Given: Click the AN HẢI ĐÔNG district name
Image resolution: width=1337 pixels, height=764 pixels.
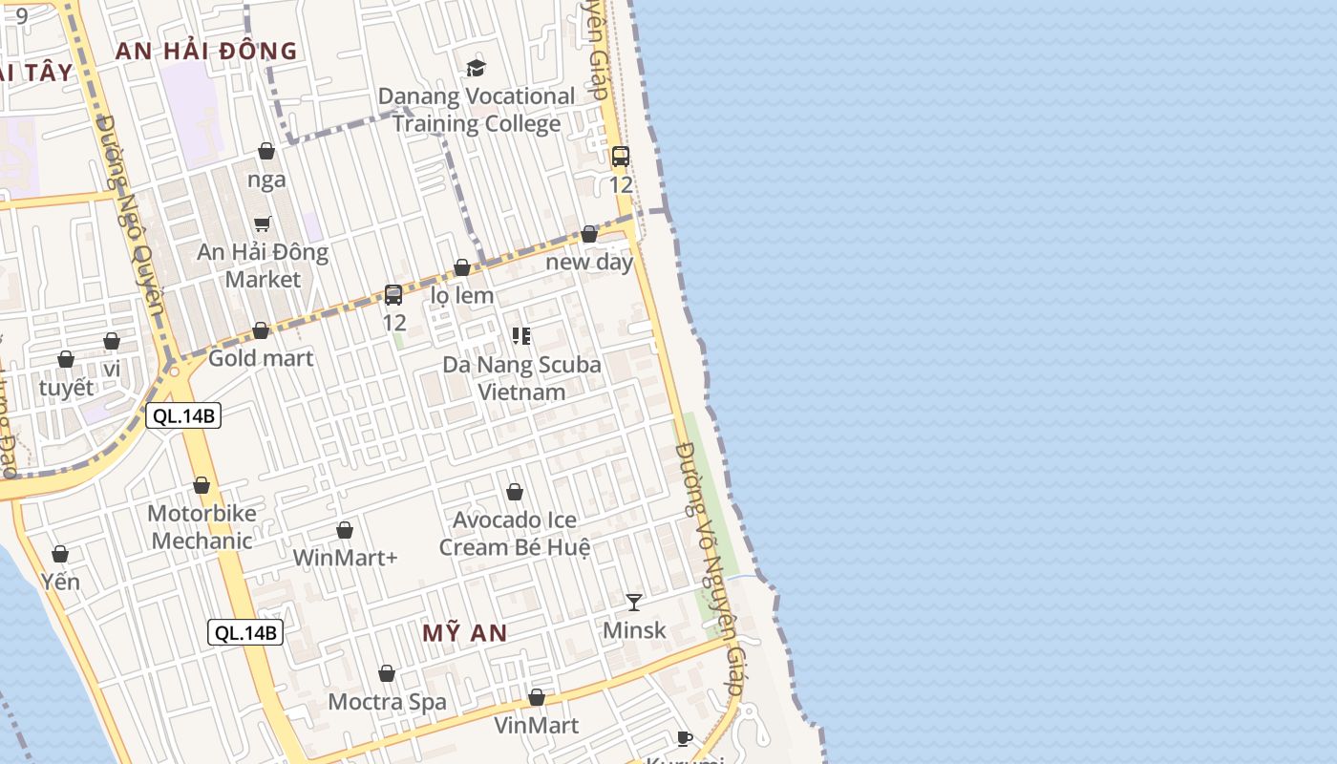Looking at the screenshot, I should (x=206, y=52).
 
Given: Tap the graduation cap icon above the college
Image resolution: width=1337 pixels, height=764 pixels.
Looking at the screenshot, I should (x=476, y=68).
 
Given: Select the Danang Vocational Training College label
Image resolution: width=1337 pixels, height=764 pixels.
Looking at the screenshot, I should (x=477, y=110).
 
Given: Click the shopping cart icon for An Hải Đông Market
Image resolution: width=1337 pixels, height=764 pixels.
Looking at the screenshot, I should (x=263, y=223).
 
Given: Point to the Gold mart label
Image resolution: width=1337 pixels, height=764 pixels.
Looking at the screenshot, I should (x=261, y=359).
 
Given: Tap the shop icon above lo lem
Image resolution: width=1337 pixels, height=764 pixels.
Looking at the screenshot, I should (x=462, y=267).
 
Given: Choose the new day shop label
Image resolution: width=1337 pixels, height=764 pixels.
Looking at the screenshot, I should (x=589, y=262).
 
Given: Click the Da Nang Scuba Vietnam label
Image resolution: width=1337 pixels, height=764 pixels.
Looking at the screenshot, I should (x=521, y=378).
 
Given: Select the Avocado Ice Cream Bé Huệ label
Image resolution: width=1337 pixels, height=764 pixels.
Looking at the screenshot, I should (x=515, y=534).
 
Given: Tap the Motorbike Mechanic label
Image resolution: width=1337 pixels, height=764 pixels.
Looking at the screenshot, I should (x=202, y=527).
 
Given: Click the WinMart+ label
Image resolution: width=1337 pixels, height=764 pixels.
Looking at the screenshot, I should (x=345, y=558).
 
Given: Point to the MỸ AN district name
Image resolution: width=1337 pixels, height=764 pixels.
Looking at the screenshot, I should (x=464, y=633).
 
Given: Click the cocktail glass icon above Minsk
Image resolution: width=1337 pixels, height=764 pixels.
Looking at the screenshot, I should (x=634, y=602).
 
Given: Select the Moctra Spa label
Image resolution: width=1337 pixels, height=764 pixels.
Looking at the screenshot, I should (x=387, y=702).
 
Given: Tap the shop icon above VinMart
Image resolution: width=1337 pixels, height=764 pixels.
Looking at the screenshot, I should (x=537, y=698).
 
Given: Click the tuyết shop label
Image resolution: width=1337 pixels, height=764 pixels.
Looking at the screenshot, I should (x=67, y=388).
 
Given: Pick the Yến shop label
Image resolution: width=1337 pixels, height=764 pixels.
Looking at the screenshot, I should (x=60, y=582).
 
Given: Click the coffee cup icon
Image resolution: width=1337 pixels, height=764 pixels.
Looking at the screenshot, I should (x=684, y=737).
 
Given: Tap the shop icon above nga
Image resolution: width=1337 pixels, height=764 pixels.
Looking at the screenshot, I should (x=266, y=151).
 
